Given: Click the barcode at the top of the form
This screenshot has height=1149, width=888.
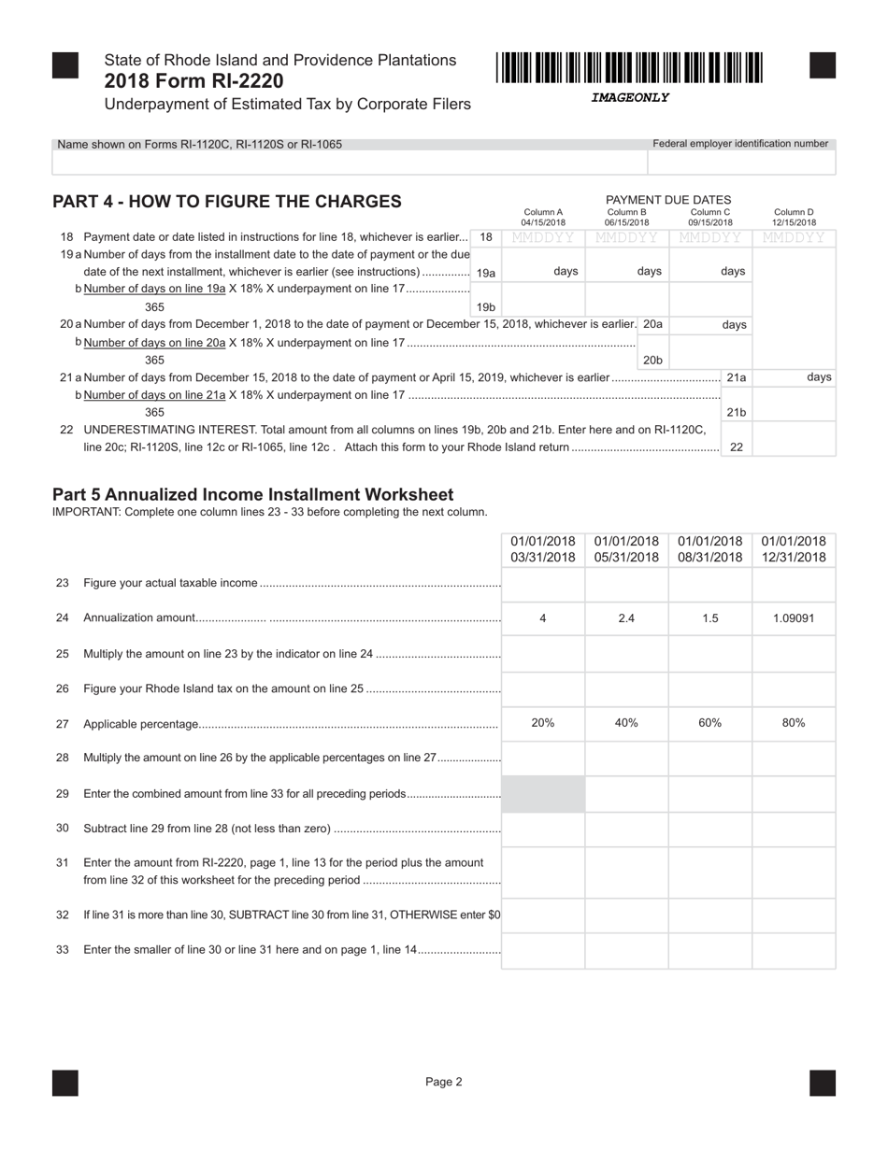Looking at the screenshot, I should coord(629,69).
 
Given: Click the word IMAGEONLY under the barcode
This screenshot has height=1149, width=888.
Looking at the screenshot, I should coord(629,97).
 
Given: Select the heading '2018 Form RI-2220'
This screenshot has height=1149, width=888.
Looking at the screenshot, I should coord(193,81).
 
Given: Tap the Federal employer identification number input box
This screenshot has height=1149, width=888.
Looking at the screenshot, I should coord(741,163).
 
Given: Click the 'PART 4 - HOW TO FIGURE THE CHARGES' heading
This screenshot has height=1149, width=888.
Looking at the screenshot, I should coord(227,202).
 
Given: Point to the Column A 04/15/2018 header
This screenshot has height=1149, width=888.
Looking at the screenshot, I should coord(543,218).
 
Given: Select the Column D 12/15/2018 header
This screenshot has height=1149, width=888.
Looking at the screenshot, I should coord(794,218).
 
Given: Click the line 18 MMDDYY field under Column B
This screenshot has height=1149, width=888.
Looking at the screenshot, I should coord(626,238).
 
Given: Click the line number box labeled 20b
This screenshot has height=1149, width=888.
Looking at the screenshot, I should coord(652,360).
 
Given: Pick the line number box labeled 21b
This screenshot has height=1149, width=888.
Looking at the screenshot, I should coord(737,412).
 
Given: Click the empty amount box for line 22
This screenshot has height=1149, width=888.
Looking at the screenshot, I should coord(794,439).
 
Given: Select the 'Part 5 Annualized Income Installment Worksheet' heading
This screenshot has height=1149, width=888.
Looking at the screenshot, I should coord(252,494).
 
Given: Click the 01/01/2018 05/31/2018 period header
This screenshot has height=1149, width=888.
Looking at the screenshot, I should coord(626,549).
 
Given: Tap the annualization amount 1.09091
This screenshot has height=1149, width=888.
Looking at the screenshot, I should coord(794,617).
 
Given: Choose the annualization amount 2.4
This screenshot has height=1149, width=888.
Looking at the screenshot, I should coord(626,617).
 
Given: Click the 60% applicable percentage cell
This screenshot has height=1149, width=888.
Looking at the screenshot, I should coord(710,723).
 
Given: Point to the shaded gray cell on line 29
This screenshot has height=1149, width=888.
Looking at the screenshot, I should coord(543,794).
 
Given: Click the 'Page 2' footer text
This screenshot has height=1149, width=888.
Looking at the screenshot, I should coord(444,1082).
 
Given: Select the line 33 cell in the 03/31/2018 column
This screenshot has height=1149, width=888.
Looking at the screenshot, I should coord(543,951).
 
